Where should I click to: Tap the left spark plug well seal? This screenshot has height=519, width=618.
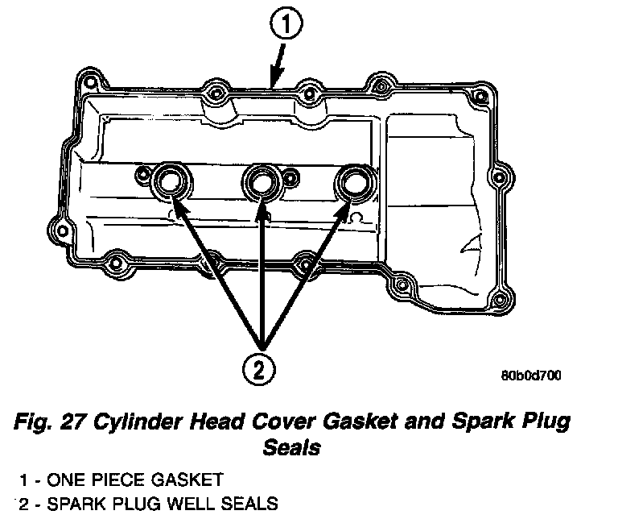[x=171, y=182]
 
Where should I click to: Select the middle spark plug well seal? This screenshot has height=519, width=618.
[x=262, y=184]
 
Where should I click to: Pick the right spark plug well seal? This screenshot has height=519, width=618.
[x=353, y=185]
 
